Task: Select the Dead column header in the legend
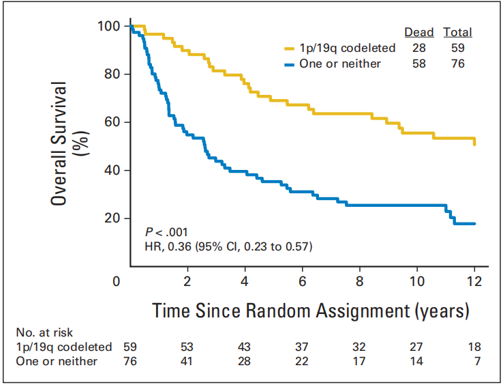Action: click(419, 32)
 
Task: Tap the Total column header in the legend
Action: click(457, 32)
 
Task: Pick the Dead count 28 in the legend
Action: click(418, 48)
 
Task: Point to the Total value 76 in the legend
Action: click(457, 63)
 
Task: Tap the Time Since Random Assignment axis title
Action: click(311, 311)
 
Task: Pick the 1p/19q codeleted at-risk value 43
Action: click(245, 347)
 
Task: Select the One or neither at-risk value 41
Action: click(186, 361)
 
